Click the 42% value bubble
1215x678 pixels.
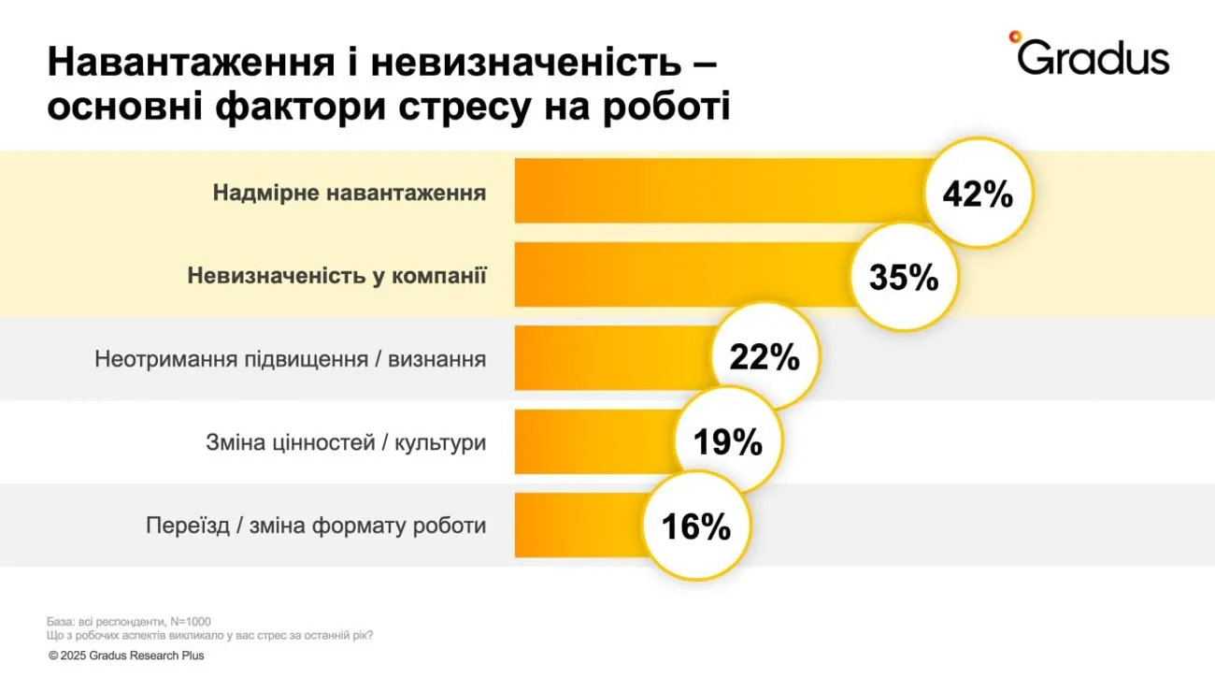[x=978, y=194]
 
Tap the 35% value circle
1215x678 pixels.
[x=904, y=277]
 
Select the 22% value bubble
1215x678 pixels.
[x=765, y=357]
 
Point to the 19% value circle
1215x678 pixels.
[x=728, y=441]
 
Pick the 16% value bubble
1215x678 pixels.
[x=695, y=527]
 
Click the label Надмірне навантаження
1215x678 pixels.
[x=350, y=194]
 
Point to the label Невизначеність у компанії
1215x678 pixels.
[x=336, y=277]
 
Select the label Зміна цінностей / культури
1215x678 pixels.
[x=346, y=442]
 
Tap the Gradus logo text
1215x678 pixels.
[x=1093, y=58]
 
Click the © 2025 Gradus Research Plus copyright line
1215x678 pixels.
[x=126, y=656]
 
